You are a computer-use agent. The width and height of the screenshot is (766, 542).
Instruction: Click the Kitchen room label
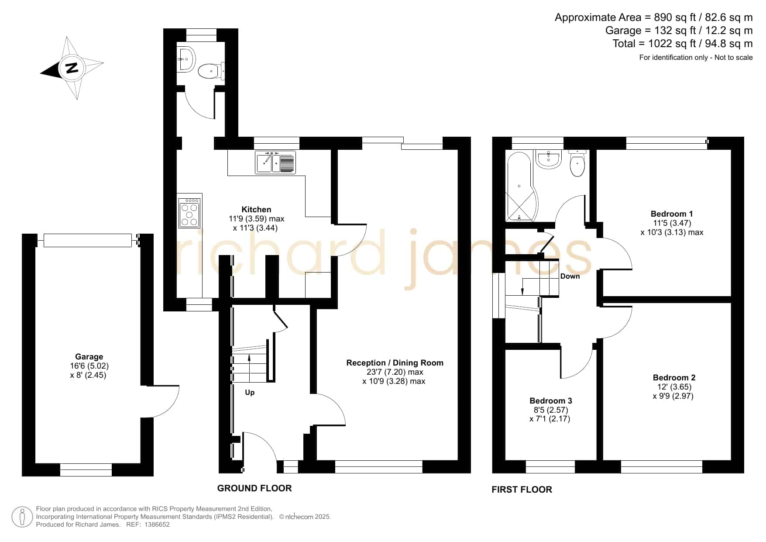tap(256, 210)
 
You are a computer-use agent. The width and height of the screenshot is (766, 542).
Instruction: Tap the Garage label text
tap(89, 357)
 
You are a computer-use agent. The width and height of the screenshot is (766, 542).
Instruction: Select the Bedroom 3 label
tap(551, 401)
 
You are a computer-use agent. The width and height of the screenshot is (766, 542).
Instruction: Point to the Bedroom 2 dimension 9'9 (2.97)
tap(673, 396)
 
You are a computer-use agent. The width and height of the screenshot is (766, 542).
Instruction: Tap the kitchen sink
tap(275, 162)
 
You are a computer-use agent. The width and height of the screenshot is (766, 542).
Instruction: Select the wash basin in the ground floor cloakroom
tap(186, 59)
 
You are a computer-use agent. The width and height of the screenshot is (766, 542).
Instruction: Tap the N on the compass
tap(72, 68)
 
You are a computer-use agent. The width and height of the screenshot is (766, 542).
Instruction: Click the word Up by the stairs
tap(250, 393)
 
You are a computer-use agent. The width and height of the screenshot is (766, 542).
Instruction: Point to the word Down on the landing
tap(570, 276)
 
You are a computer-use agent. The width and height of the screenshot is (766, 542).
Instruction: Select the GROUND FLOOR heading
tap(254, 488)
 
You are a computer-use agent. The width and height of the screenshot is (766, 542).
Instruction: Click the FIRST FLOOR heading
tap(522, 490)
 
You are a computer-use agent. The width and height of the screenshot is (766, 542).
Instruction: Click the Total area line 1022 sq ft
tap(683, 44)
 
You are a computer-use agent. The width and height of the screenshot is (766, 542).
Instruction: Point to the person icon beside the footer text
tap(22, 517)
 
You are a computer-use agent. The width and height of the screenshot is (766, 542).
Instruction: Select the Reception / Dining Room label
tap(395, 363)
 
